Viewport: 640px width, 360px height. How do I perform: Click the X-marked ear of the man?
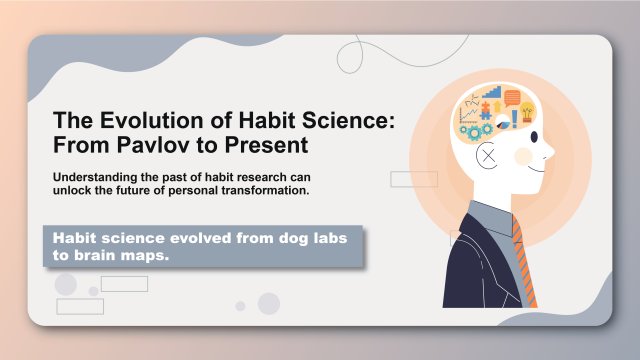click(x=487, y=157)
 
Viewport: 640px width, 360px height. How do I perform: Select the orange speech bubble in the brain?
click(x=512, y=98)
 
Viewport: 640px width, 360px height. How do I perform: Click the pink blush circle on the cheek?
click(x=523, y=157)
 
